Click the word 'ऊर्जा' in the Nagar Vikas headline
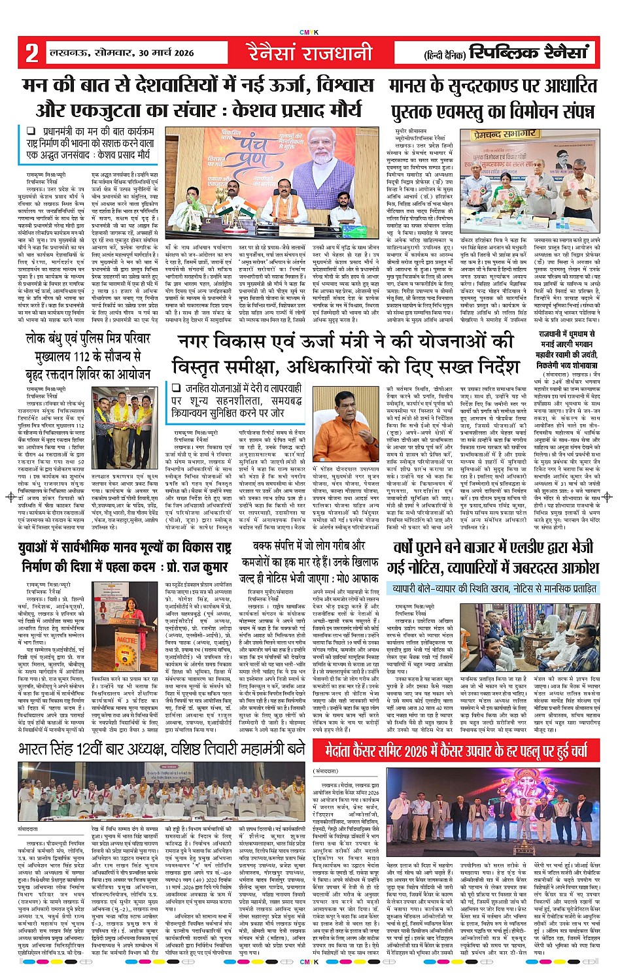click(315, 341)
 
